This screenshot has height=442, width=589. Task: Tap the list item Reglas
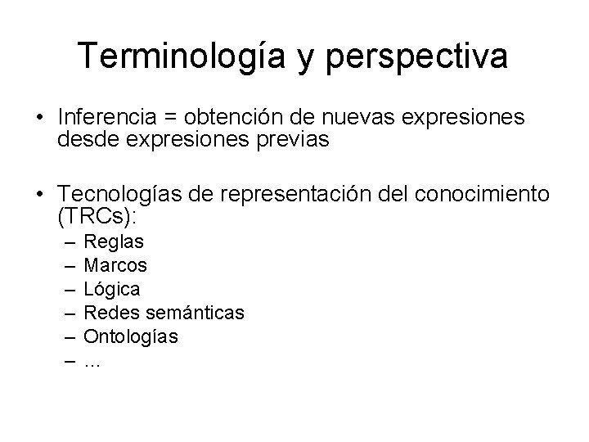pyautogui.click(x=115, y=242)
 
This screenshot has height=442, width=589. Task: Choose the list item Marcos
pyautogui.click(x=116, y=265)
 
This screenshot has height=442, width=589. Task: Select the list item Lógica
pyautogui.click(x=112, y=289)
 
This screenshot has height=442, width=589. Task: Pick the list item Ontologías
pyautogui.click(x=131, y=336)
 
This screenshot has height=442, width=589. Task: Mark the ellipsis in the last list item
pyautogui.click(x=92, y=361)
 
